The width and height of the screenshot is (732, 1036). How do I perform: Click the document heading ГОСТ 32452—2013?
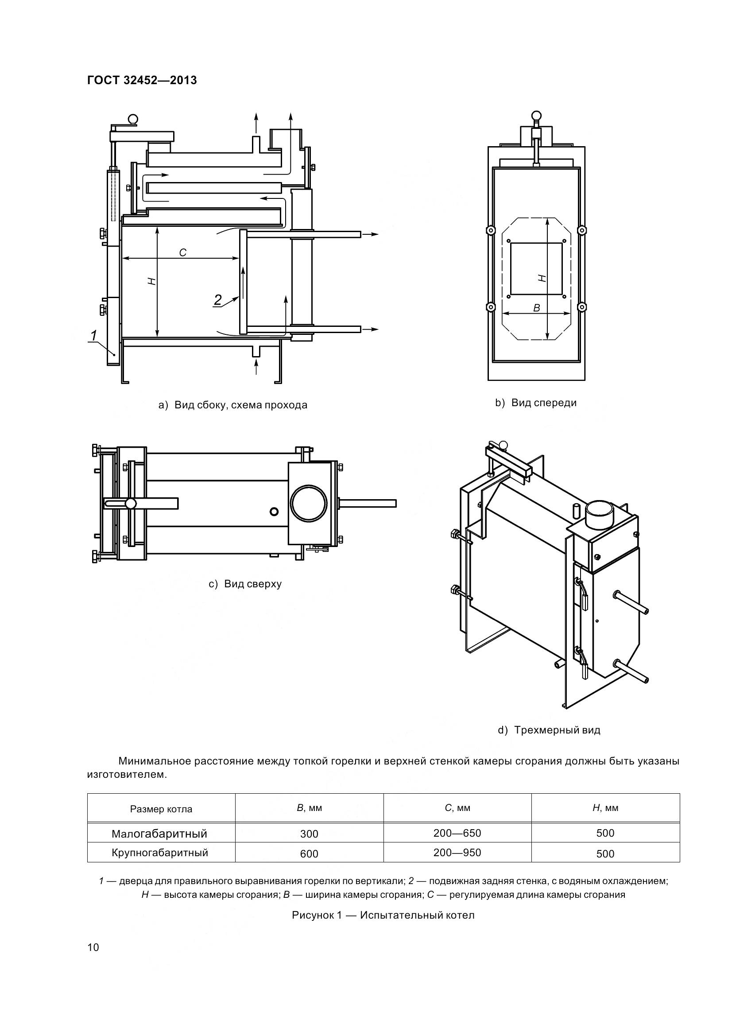pos(142,80)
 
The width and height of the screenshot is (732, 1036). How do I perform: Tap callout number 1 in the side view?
pos(93,336)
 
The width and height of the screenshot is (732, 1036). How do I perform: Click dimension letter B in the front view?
pos(536,308)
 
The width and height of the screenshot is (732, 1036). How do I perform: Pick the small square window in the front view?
pos(537,269)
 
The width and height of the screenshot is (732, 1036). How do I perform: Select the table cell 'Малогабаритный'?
pos(159,834)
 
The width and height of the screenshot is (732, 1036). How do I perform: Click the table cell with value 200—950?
pos(457,853)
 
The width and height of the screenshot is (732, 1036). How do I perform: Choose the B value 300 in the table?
pos(309,834)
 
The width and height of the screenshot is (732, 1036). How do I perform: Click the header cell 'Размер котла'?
pos(161,809)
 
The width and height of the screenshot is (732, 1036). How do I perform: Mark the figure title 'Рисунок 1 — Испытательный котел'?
pos(383,916)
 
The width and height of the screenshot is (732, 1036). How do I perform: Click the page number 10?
pos(93,947)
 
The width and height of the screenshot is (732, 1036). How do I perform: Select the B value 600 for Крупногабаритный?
pos(309,854)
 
